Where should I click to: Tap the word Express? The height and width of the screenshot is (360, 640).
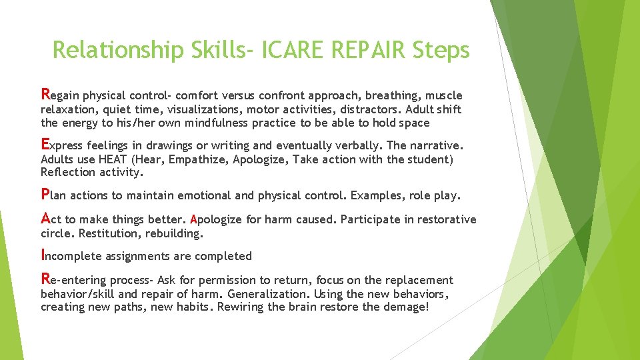click(x=61, y=145)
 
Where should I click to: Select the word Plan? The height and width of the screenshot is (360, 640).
click(x=53, y=195)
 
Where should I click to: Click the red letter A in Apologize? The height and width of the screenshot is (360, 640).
click(x=193, y=220)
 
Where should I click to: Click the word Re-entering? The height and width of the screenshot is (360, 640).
click(x=73, y=280)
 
